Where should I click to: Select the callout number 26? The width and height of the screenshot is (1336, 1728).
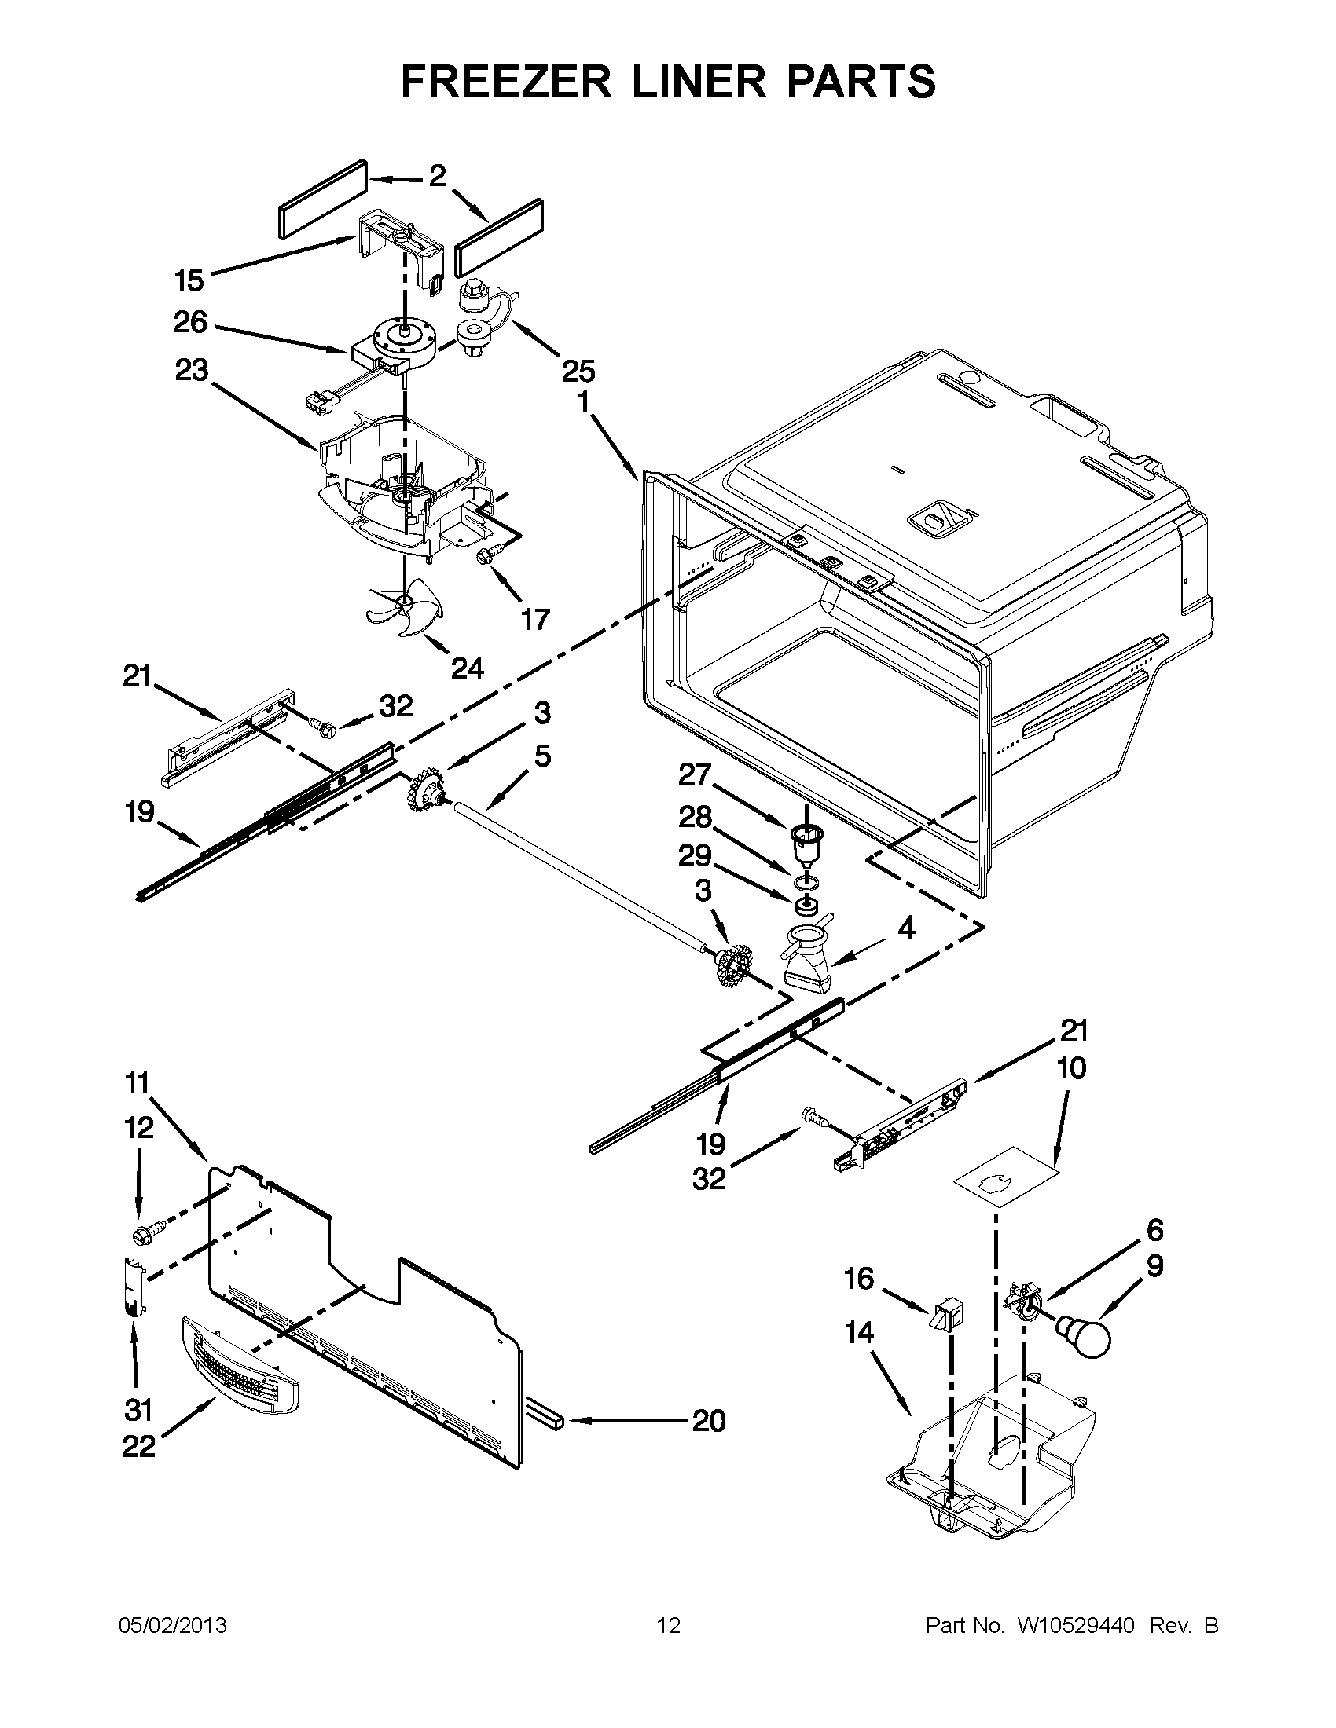tap(190, 322)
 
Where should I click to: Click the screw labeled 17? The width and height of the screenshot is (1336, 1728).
tap(485, 558)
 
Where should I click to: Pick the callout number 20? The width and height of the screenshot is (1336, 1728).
tap(708, 1421)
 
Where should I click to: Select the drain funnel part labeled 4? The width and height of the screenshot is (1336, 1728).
tap(810, 958)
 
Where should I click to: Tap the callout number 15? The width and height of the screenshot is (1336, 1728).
tap(189, 280)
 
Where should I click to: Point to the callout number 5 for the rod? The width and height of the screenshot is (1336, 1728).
tap(541, 756)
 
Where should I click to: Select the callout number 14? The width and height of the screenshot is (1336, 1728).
tap(859, 1332)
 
